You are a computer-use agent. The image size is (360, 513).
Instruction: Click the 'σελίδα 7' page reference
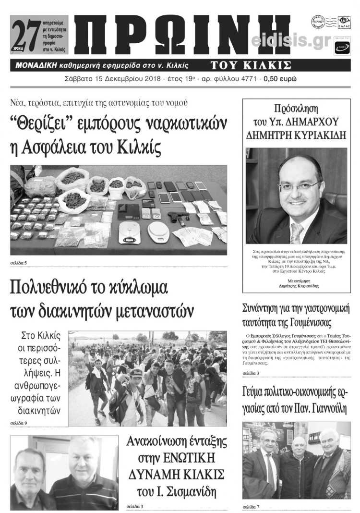[251, 506]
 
